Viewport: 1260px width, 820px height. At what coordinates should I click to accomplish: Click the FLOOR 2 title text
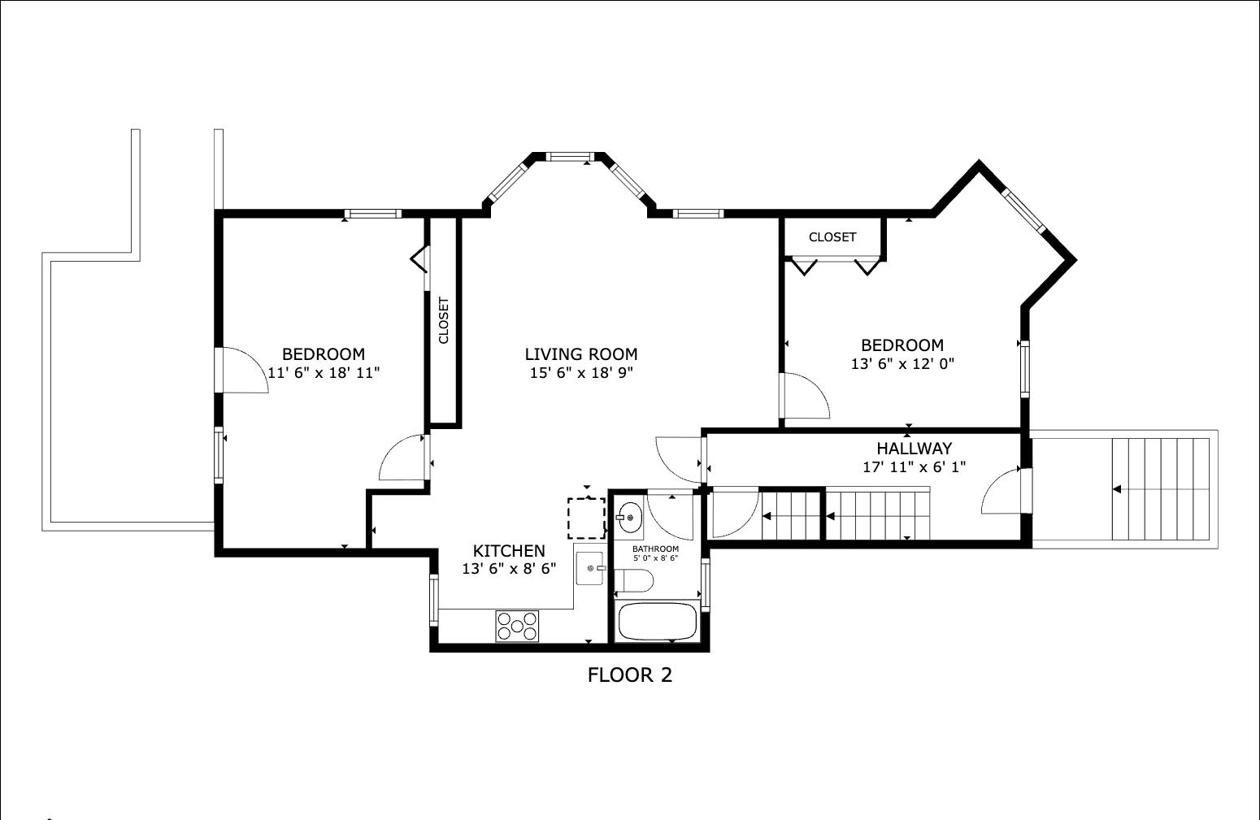pyautogui.click(x=629, y=675)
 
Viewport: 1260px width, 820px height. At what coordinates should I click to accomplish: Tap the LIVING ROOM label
pyautogui.click(x=581, y=354)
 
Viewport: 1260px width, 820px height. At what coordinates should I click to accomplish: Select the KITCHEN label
pyautogui.click(x=509, y=551)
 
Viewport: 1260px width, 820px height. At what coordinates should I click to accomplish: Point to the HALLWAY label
pyautogui.click(x=914, y=449)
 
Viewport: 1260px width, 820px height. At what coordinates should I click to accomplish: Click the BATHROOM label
pyautogui.click(x=655, y=549)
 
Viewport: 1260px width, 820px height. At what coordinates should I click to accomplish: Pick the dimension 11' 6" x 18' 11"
pyautogui.click(x=324, y=373)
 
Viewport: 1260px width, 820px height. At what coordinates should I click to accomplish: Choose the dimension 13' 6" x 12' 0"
pyautogui.click(x=902, y=364)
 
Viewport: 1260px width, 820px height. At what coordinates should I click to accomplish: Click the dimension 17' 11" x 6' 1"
pyautogui.click(x=914, y=466)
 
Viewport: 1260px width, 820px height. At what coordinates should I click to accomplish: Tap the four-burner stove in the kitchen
pyautogui.click(x=517, y=626)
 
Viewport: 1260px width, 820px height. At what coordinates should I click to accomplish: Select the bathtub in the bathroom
pyautogui.click(x=657, y=622)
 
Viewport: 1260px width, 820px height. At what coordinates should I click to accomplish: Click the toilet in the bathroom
pyautogui.click(x=633, y=580)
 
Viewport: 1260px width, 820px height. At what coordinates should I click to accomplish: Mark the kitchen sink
pyautogui.click(x=589, y=568)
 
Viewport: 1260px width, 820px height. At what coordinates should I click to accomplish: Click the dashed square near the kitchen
pyautogui.click(x=586, y=518)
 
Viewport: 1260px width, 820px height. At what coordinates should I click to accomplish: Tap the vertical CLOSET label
pyautogui.click(x=443, y=320)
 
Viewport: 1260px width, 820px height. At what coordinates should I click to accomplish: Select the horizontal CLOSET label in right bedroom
pyautogui.click(x=832, y=237)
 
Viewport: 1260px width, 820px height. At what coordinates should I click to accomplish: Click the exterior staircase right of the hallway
pyautogui.click(x=1161, y=489)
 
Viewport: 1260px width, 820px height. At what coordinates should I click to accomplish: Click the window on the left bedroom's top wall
pyautogui.click(x=373, y=214)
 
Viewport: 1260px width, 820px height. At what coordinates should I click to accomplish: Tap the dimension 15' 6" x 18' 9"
pyautogui.click(x=581, y=373)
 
